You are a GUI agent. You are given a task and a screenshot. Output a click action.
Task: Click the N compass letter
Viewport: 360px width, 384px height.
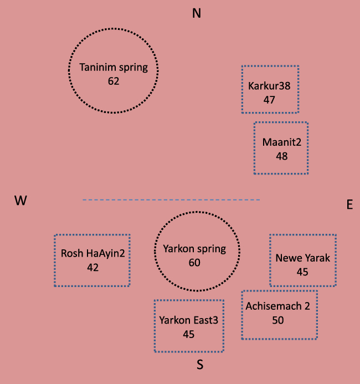click(x=196, y=13)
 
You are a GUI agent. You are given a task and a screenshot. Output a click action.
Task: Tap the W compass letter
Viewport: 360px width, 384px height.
click(x=21, y=201)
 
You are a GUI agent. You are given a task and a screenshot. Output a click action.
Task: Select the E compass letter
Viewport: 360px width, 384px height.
click(x=349, y=204)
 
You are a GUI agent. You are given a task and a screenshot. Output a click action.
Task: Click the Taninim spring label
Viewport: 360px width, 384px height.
click(x=114, y=68)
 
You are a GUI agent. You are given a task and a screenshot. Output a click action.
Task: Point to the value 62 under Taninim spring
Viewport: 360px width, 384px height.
click(x=114, y=81)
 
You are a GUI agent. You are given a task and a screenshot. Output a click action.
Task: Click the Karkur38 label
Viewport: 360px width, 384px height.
click(x=270, y=86)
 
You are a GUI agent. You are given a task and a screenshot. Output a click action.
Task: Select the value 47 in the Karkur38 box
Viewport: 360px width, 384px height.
click(x=270, y=100)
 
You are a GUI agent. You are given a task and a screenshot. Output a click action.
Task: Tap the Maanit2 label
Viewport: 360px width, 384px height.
click(x=281, y=142)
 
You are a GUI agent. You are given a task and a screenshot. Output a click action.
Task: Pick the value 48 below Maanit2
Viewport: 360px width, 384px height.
click(x=281, y=156)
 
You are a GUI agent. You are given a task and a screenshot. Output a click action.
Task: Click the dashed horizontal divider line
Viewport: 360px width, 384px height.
click(x=171, y=199)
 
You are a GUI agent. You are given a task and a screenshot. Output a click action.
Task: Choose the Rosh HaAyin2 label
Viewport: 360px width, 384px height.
click(x=92, y=253)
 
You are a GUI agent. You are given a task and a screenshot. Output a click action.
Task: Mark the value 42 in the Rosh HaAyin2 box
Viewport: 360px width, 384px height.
click(x=92, y=267)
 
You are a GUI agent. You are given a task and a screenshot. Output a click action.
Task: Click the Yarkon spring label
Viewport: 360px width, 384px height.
click(x=194, y=249)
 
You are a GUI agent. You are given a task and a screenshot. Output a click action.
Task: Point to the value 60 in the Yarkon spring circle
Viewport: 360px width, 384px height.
click(x=194, y=263)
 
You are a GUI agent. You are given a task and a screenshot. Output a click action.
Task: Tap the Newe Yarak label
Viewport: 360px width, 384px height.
click(x=302, y=258)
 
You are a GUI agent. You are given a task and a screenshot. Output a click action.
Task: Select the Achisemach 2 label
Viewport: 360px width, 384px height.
click(x=278, y=306)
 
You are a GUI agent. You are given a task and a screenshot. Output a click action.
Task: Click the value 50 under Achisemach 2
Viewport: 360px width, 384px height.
click(x=278, y=320)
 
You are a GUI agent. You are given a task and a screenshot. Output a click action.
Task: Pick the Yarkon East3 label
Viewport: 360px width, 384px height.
click(x=188, y=320)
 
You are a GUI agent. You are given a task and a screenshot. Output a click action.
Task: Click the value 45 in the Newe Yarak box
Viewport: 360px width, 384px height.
click(x=302, y=272)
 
